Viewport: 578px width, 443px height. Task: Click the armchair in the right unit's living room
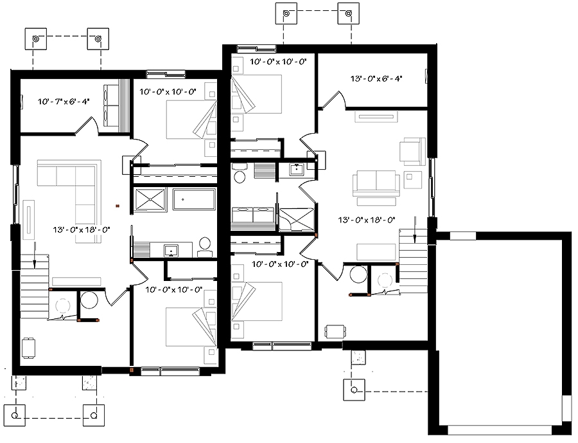(412, 150)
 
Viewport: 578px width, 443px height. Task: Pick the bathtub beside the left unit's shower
(193, 199)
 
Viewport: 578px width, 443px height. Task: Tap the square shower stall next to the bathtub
(151, 199)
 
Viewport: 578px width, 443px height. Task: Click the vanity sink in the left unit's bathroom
(171, 249)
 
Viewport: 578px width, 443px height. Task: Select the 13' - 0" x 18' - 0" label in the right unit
(367, 219)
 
